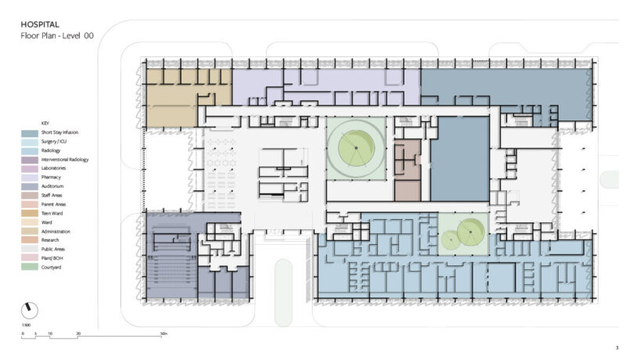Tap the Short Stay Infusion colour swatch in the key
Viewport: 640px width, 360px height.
coord(30,133)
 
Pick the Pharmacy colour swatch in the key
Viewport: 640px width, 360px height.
coord(30,178)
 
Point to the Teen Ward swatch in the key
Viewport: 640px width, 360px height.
coord(30,214)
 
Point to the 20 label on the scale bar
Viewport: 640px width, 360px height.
coord(78,334)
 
